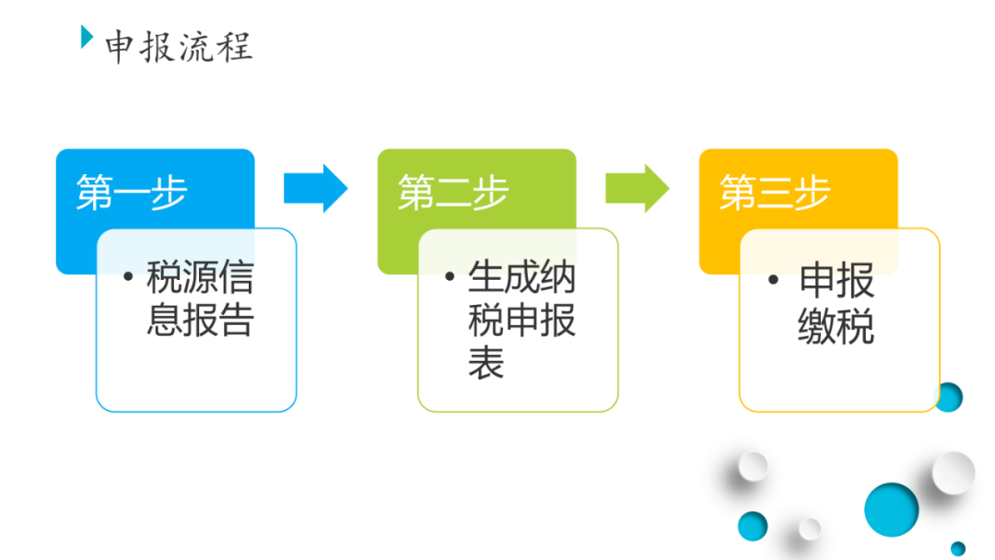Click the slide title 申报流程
coord(179,46)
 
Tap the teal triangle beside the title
coord(87,37)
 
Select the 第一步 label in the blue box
coord(132,192)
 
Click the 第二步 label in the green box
coord(453,192)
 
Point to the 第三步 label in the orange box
coord(775,192)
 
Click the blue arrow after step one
coord(315,189)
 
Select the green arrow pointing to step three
coord(638,189)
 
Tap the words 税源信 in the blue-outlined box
coord(200,277)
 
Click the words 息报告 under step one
coord(200,319)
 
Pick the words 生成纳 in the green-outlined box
coord(521,277)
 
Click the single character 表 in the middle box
coord(486,363)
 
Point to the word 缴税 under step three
coord(836,326)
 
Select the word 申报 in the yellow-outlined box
coord(837,280)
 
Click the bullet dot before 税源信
coord(128,276)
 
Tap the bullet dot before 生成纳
coord(450,276)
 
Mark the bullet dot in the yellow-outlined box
coord(773,280)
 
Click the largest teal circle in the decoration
coord(892,510)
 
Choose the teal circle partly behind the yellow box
coord(951,397)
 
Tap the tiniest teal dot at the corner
coord(958,549)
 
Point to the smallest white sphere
coord(810,529)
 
